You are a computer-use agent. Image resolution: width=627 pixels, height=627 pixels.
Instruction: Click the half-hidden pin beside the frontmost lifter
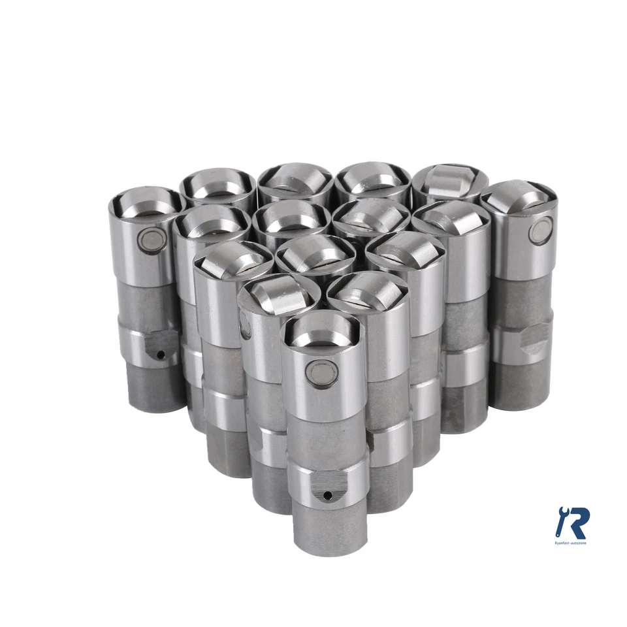[x=246, y=324]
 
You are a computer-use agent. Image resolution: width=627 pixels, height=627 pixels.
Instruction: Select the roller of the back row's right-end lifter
[x=451, y=180]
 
